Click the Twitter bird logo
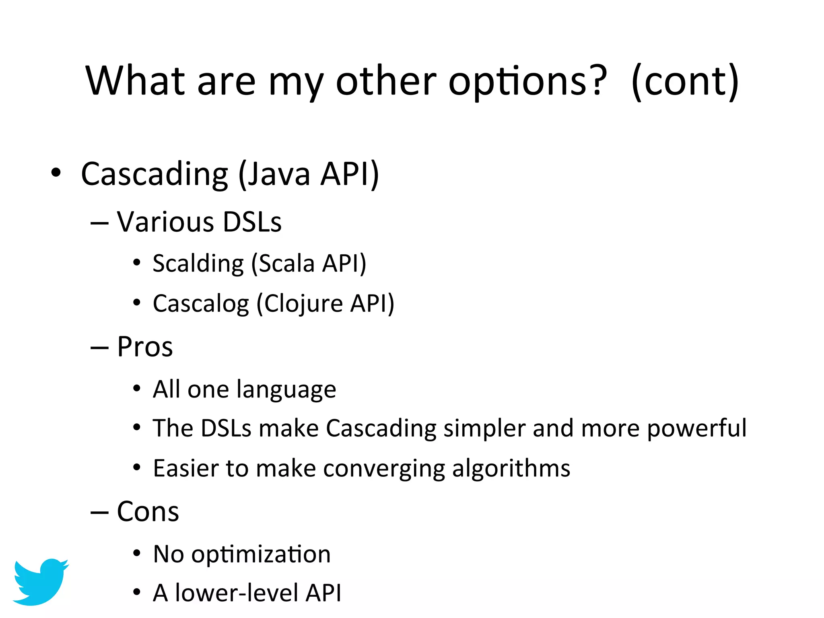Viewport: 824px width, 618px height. (40, 581)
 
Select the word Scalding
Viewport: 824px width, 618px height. (198, 264)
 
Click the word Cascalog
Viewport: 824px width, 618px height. (201, 304)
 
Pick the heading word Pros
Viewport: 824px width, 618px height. (145, 347)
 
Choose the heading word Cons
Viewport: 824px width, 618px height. (148, 512)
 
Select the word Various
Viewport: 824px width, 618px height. (165, 222)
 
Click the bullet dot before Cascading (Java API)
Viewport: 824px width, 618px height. (56, 173)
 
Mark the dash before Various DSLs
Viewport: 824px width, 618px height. (99, 222)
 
